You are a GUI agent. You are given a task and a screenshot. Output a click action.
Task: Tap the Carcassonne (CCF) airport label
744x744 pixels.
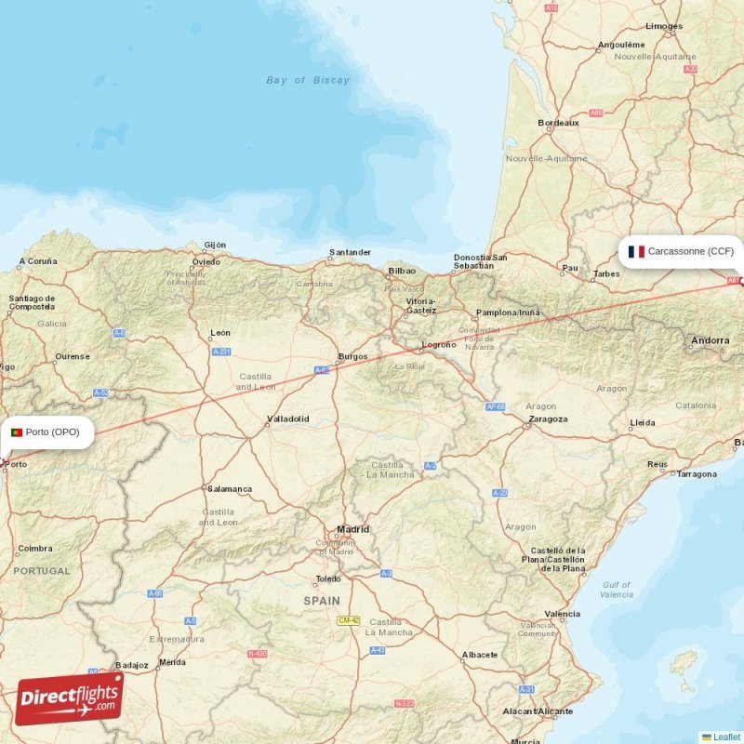click(x=690, y=251)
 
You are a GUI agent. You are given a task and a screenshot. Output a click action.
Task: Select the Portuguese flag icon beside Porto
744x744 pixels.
click(x=17, y=432)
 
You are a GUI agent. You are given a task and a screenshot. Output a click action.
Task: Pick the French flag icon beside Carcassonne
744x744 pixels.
click(x=636, y=251)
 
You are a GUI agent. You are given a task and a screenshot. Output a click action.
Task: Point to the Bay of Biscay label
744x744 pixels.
click(x=308, y=80)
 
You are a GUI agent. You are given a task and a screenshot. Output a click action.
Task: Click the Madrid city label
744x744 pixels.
click(x=352, y=529)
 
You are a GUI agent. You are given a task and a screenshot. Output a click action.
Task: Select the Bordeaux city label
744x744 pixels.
click(x=558, y=123)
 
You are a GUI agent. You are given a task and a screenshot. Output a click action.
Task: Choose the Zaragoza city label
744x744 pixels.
click(x=547, y=418)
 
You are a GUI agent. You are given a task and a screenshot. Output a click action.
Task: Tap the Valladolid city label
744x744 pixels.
click(x=287, y=418)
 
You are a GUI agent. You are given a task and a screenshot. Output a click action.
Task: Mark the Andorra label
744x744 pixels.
click(x=710, y=341)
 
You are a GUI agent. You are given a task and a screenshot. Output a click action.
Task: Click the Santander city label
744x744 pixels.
click(x=351, y=252)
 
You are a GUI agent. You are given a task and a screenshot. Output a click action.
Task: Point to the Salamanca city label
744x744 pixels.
click(x=230, y=488)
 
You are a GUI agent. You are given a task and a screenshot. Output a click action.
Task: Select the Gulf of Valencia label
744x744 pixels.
click(x=616, y=590)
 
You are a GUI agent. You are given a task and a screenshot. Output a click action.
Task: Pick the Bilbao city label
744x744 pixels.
click(x=402, y=271)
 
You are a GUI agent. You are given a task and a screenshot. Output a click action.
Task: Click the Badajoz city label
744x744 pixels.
click(x=131, y=665)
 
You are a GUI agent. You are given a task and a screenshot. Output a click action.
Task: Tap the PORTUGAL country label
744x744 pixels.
click(x=41, y=571)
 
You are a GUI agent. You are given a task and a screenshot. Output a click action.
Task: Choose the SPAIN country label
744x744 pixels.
click(x=322, y=601)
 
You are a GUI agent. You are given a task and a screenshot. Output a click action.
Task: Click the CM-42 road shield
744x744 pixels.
click(x=348, y=620)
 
